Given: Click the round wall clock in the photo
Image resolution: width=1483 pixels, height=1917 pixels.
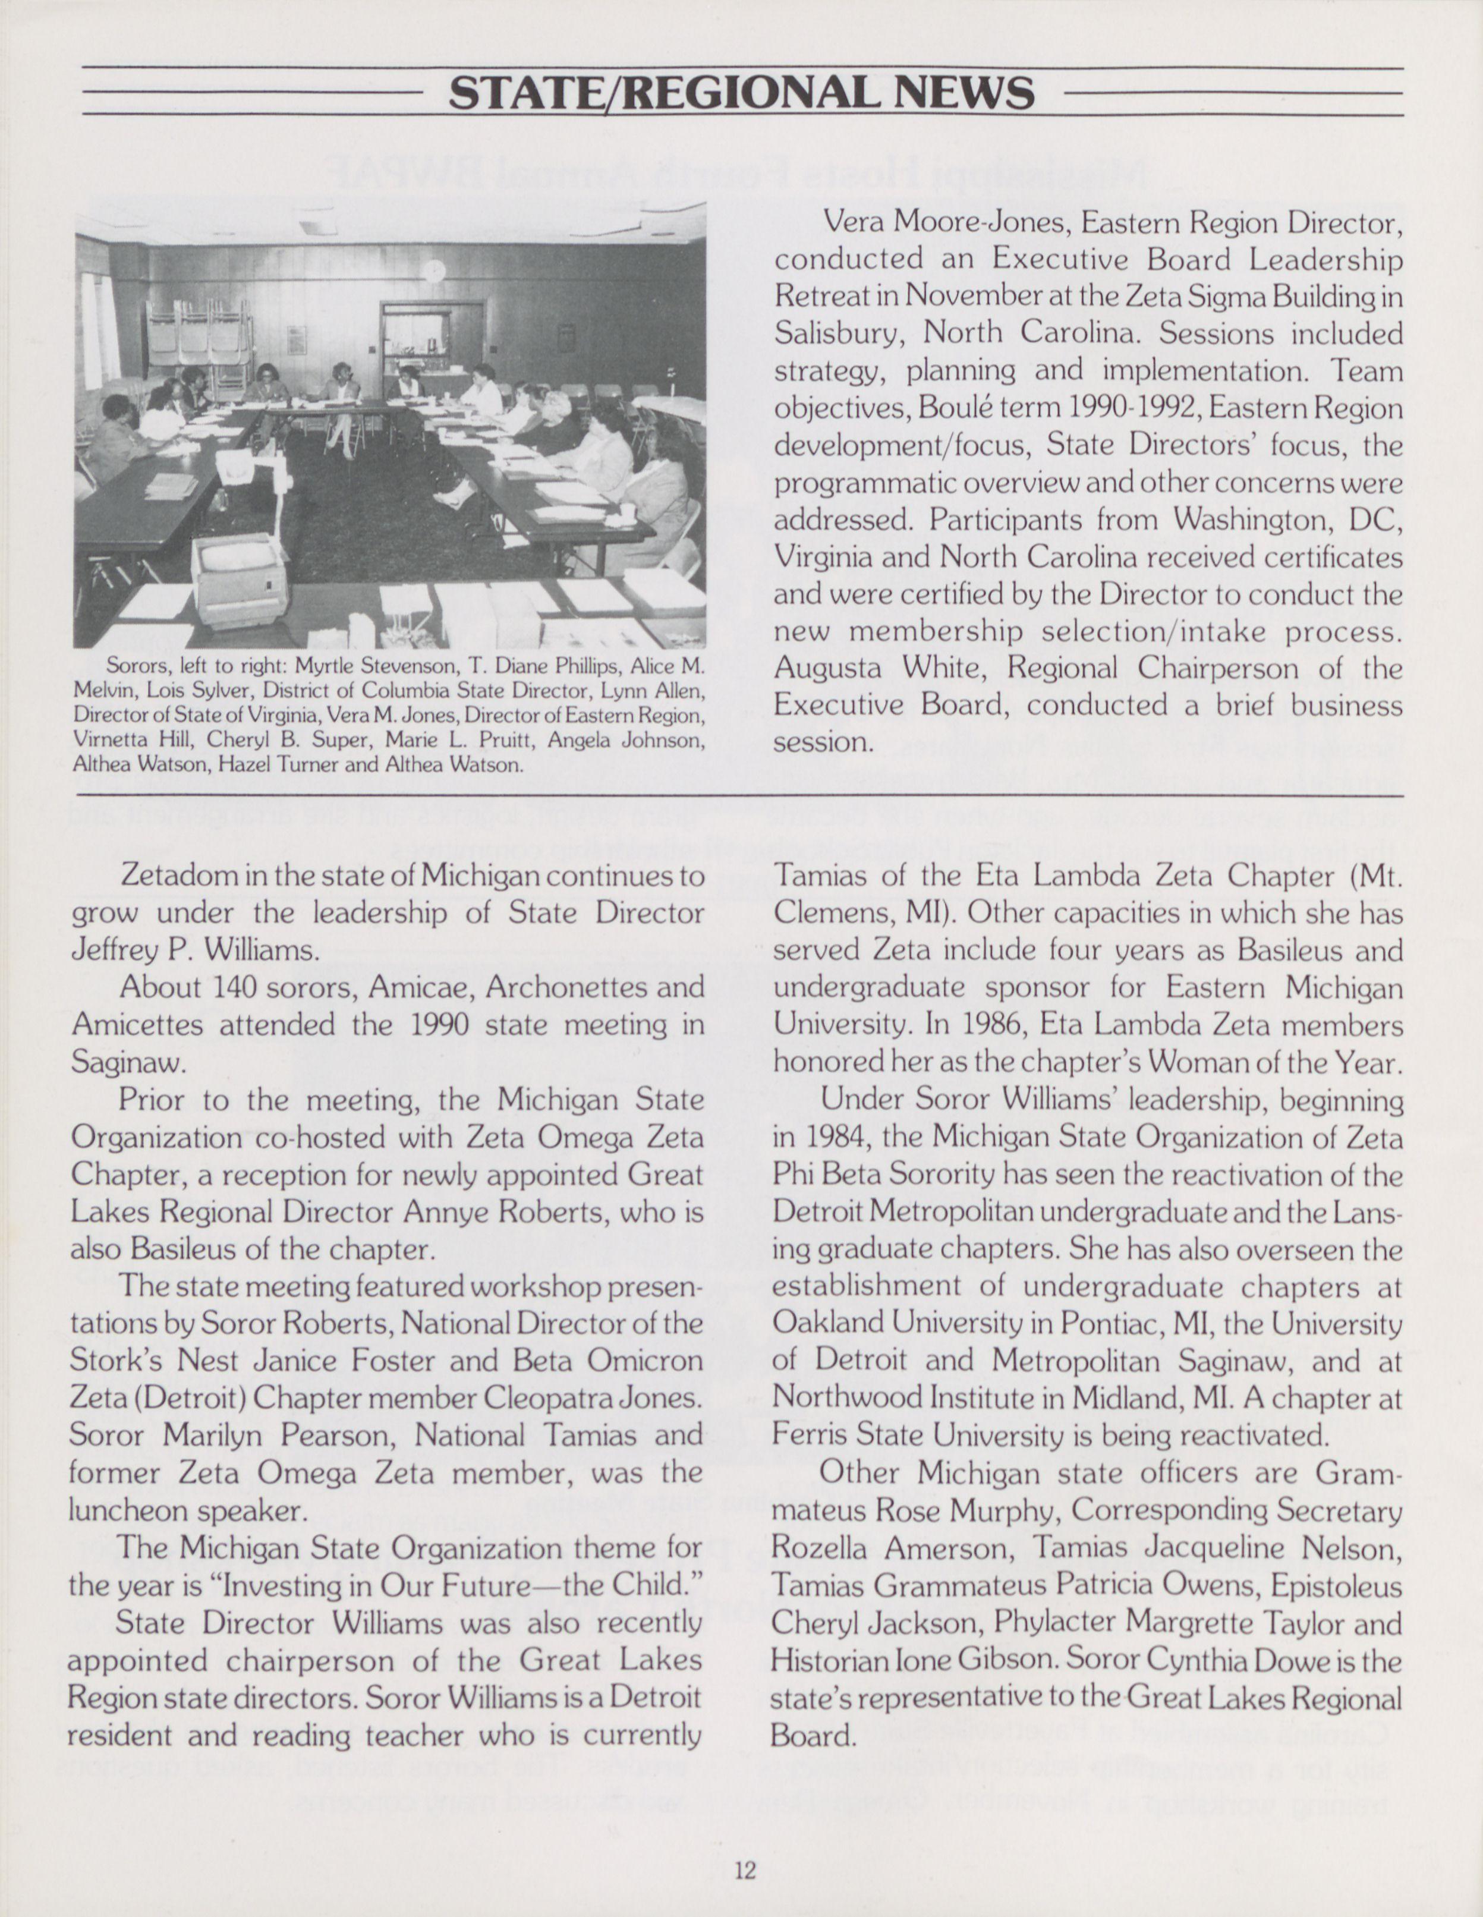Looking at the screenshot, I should coord(434,270).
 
